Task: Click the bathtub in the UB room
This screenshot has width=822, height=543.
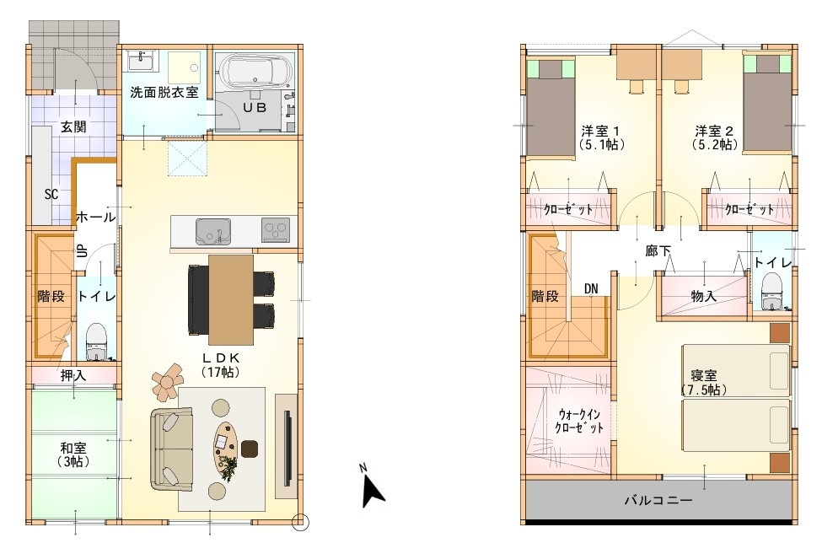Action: pos(255,71)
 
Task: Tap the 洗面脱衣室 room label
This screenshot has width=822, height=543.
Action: pos(164,93)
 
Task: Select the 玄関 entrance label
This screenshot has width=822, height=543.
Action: pos(73,126)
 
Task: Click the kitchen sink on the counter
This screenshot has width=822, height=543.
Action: pos(213,232)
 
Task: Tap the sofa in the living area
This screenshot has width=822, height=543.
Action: pos(171,449)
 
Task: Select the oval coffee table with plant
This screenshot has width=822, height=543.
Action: pos(226,448)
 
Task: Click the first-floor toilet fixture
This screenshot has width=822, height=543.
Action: pos(96,342)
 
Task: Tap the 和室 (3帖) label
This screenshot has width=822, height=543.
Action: pos(73,454)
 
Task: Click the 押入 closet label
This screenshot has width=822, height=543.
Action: pos(73,375)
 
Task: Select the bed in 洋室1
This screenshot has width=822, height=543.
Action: pos(551,107)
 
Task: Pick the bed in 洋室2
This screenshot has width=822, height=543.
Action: pos(768,102)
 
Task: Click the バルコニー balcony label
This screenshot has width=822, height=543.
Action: pos(658,500)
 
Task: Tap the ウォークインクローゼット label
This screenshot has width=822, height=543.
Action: pos(578,421)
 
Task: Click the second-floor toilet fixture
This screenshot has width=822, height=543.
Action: pos(771,293)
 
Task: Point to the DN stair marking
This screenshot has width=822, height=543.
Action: pos(591,289)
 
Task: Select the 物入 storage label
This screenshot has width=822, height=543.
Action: pos(703,296)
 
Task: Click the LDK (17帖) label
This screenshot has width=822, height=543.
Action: pos(221,365)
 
